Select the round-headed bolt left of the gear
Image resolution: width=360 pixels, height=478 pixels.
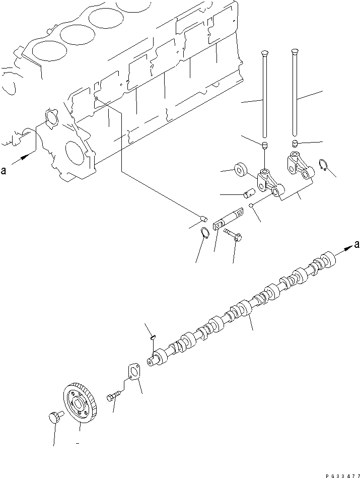[54, 417]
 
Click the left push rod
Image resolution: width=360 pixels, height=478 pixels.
[264, 96]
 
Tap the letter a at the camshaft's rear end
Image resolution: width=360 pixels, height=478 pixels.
[356, 245]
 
